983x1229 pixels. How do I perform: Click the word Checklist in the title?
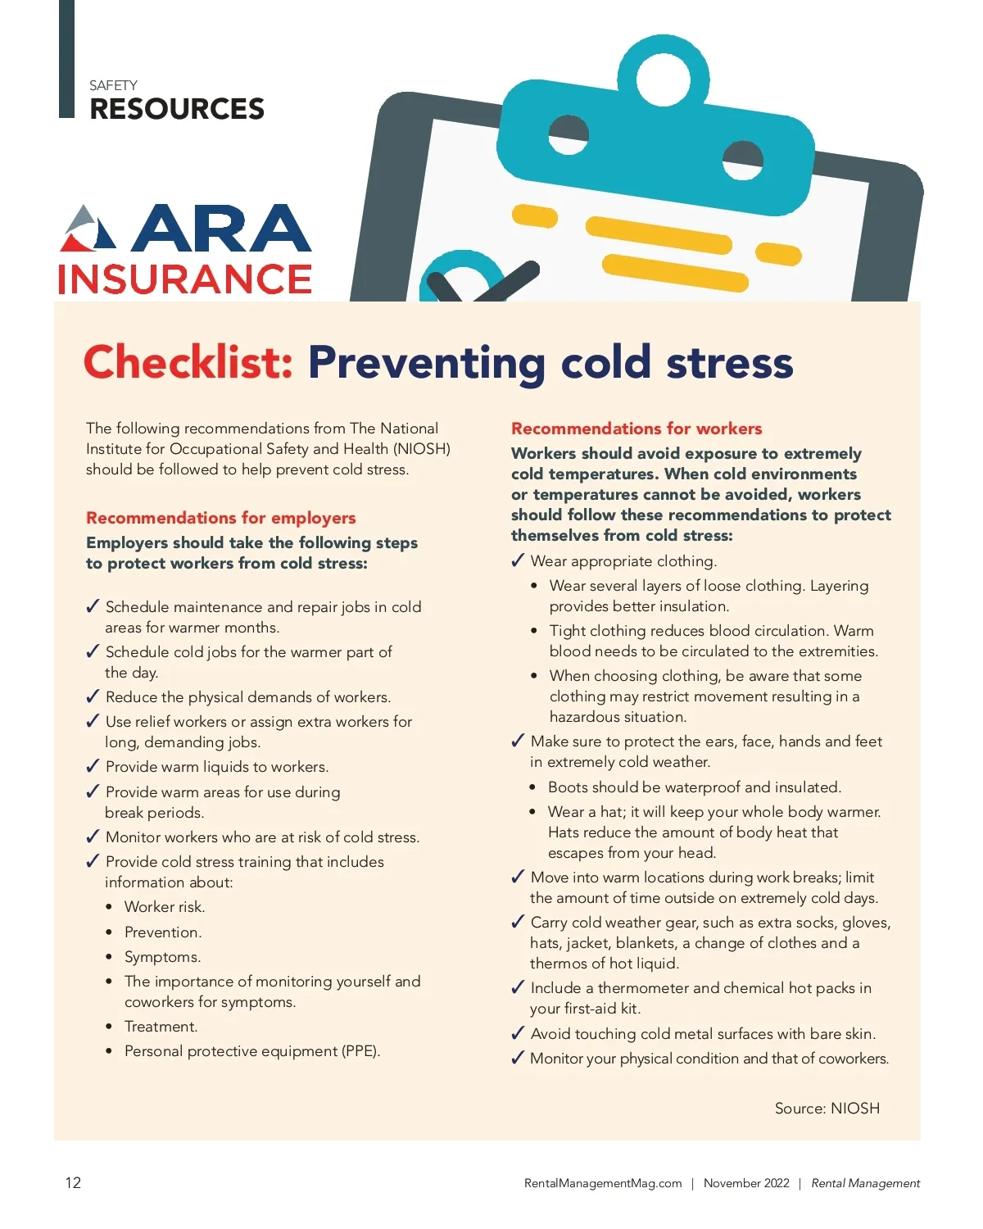(188, 362)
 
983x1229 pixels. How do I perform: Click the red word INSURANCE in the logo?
(185, 279)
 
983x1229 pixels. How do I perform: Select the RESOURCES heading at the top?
(177, 109)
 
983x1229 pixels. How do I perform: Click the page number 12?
(73, 1182)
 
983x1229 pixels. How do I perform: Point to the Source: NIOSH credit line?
(827, 1108)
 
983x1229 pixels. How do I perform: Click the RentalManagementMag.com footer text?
(602, 1183)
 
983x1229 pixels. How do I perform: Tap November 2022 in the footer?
(746, 1183)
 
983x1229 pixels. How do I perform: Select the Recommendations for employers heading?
(220, 518)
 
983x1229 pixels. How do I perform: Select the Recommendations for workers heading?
(636, 429)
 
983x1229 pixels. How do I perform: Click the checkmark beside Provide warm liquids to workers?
(93, 767)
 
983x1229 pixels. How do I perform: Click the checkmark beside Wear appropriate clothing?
(518, 560)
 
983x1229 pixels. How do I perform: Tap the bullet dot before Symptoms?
(109, 957)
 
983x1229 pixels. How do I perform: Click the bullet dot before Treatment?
(109, 1027)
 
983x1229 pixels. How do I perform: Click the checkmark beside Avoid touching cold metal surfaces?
(518, 1033)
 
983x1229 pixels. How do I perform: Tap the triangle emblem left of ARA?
(88, 229)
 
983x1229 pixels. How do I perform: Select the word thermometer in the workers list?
(643, 988)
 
